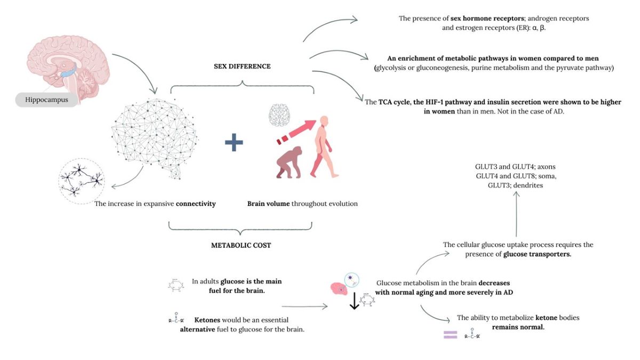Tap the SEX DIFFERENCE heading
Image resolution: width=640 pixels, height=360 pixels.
[x=242, y=67]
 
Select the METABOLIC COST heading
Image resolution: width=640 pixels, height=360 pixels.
[x=242, y=246]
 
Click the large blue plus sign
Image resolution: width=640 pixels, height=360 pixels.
[x=234, y=143]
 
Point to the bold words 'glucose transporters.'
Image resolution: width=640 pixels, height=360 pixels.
[x=538, y=254]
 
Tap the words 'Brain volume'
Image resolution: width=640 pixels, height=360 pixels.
[x=268, y=204]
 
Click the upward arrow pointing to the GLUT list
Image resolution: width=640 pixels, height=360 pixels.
[x=516, y=213]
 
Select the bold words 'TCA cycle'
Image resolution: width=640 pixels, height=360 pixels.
[x=397, y=102]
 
